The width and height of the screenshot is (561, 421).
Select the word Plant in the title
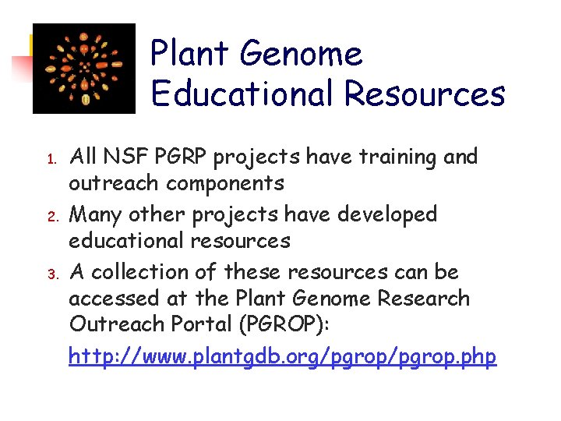coord(190,55)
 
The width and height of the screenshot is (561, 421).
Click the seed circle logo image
coord(83,69)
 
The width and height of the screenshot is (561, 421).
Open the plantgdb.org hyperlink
coord(282,357)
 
